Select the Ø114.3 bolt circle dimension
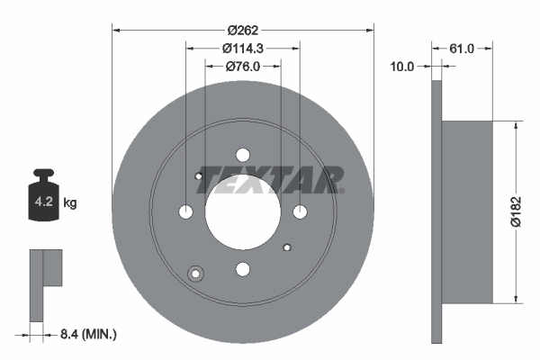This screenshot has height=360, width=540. coord(241,48)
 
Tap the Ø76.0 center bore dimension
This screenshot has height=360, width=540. coord(241,65)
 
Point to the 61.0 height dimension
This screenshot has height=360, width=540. coord(461,49)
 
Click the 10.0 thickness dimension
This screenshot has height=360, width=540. coord(402,66)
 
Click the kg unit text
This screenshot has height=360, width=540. coord(70,203)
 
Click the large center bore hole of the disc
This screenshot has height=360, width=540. coord(242,211)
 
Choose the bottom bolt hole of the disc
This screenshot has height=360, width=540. coord(242,268)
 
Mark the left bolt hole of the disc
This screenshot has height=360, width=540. coord(185,211)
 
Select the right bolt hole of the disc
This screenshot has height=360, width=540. coord(300,211)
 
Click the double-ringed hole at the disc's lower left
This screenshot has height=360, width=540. coord(194,274)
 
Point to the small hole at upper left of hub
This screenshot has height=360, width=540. coord(199,175)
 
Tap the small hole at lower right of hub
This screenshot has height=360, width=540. coord(286,247)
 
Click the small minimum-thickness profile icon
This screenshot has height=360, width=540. coord(45,283)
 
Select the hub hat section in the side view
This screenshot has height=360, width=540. coord(470,212)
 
